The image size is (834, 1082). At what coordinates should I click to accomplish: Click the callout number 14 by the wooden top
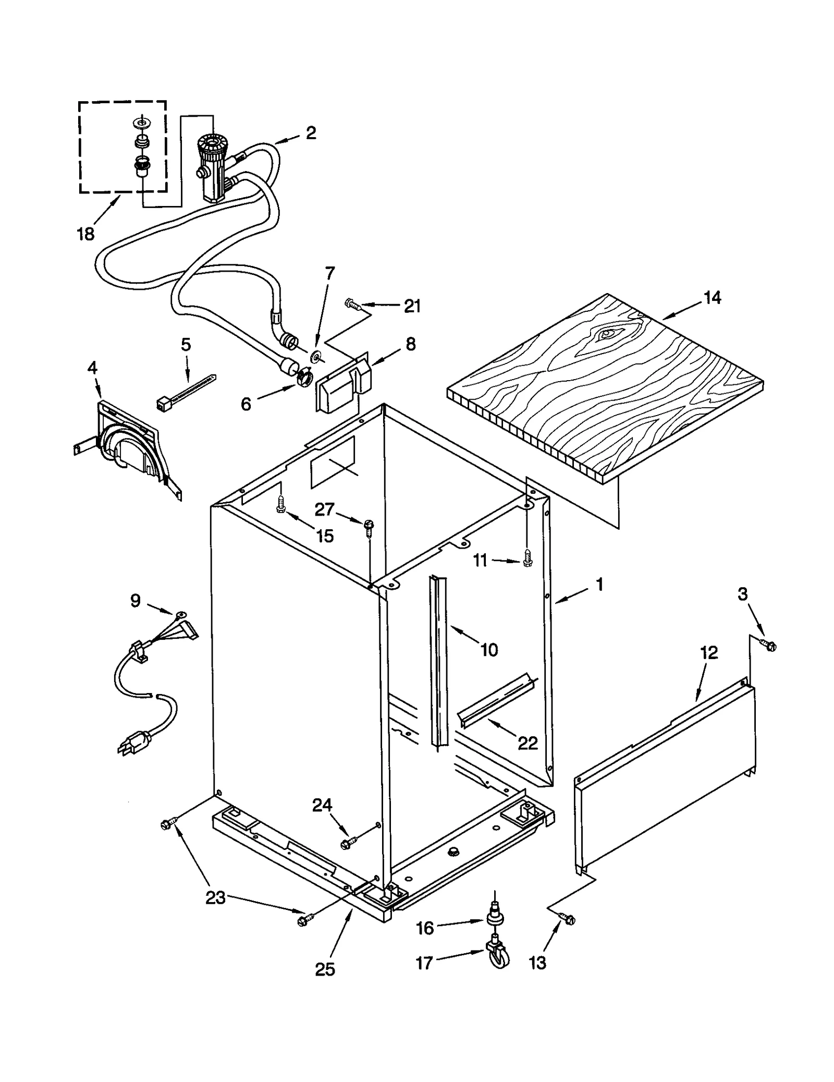712,298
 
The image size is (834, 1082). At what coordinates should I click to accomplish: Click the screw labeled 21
352,303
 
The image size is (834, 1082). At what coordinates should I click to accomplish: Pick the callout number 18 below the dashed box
85,234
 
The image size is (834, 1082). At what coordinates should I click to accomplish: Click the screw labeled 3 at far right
768,645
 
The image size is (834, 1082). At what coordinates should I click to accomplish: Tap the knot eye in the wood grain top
606,334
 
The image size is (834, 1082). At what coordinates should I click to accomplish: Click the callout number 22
527,743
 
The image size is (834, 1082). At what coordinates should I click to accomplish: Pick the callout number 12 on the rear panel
709,652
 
